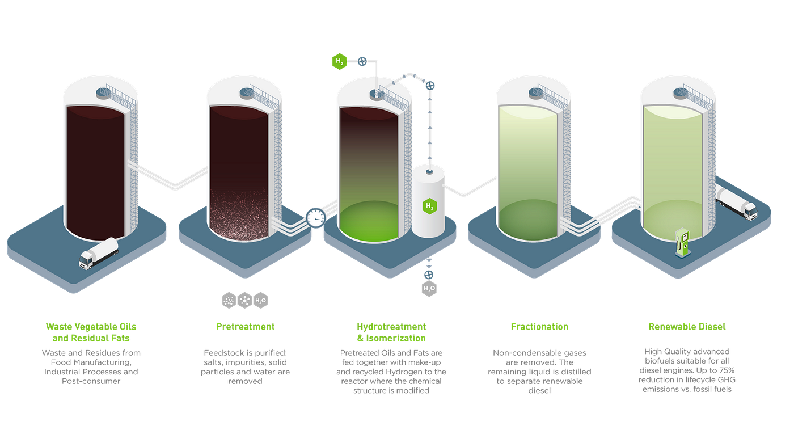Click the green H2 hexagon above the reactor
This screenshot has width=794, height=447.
[x=339, y=61]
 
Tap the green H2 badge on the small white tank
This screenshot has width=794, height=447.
[x=430, y=206]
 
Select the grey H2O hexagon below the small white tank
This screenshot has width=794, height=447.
[x=429, y=288]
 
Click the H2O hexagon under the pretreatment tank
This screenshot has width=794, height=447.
[x=261, y=300]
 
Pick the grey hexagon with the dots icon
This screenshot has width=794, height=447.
[x=229, y=300]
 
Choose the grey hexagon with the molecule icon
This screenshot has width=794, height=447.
[x=244, y=300]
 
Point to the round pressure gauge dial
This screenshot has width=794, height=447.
[x=315, y=217]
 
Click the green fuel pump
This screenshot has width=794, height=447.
[x=682, y=243]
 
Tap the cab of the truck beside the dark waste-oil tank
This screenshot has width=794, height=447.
[x=87, y=259]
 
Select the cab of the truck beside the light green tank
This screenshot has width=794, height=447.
[x=748, y=210]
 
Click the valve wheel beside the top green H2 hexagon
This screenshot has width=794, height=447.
[x=362, y=61]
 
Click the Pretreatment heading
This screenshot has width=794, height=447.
[x=245, y=327]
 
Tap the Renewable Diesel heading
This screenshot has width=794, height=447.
[x=686, y=327]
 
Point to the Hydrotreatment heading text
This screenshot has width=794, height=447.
[x=391, y=327]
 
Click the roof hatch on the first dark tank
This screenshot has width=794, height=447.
[x=103, y=91]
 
